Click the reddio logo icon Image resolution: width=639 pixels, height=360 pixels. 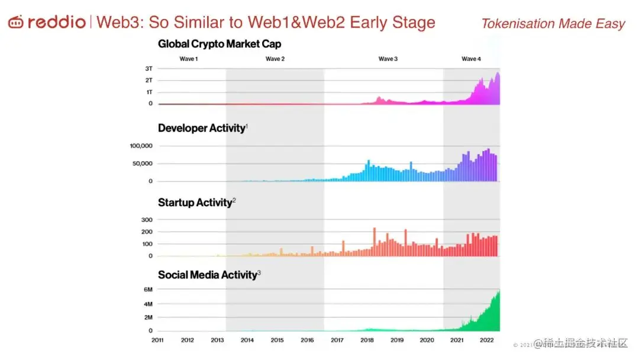coord(16,22)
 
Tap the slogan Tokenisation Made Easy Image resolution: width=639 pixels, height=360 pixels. coord(553,24)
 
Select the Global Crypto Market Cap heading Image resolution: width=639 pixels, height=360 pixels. coord(220,44)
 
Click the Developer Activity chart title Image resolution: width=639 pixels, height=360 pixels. coord(201,128)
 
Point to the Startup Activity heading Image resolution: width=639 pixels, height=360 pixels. coord(195,202)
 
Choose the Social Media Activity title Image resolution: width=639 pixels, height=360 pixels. coord(207,275)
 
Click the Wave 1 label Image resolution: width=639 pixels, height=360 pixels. coord(189,59)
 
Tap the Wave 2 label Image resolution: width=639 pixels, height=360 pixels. coord(275,59)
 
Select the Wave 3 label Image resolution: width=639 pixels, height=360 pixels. coord(388,59)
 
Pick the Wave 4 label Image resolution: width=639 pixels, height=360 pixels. coord(472,59)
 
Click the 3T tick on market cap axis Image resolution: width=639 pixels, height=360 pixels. coord(149,69)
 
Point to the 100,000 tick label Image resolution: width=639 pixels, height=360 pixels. coord(142,146)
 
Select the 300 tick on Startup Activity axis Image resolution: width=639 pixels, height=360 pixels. coord(147,220)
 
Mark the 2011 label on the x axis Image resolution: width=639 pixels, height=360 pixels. coord(157,340)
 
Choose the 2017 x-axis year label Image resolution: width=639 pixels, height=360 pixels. coord(337,340)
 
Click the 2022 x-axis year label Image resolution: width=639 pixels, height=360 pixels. coord(487,340)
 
